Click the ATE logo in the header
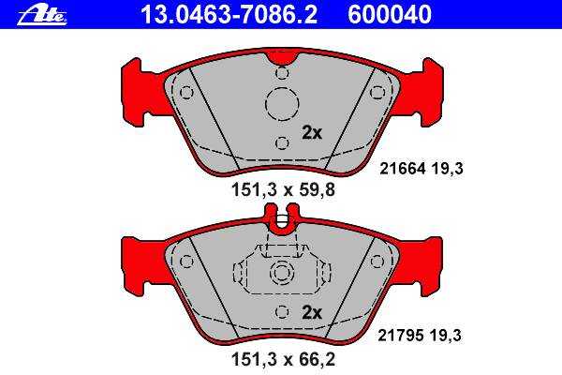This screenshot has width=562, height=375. point(42,16)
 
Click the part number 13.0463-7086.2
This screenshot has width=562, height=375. point(229,14)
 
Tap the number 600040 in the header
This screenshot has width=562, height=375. point(390,14)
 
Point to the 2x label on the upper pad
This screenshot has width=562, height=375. point(312,133)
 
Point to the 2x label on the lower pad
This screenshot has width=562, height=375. point(312,313)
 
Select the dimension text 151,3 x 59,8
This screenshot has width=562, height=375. point(283,189)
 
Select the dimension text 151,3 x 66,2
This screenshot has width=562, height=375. point(283,359)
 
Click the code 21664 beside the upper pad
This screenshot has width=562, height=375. point(403,169)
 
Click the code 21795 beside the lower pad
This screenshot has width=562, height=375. point(401,336)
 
